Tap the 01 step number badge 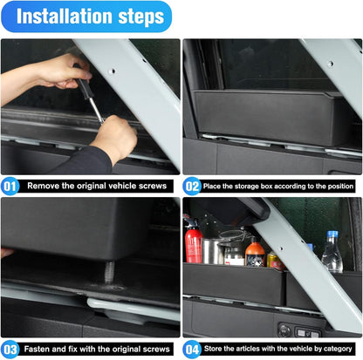click(10, 185)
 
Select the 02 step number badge click(192, 185)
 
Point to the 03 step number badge click(10, 350)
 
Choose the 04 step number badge click(192, 350)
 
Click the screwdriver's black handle click(79, 76)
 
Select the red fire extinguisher click(194, 241)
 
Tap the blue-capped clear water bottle click(332, 253)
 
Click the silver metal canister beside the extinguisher click(212, 251)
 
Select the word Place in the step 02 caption click(223, 185)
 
